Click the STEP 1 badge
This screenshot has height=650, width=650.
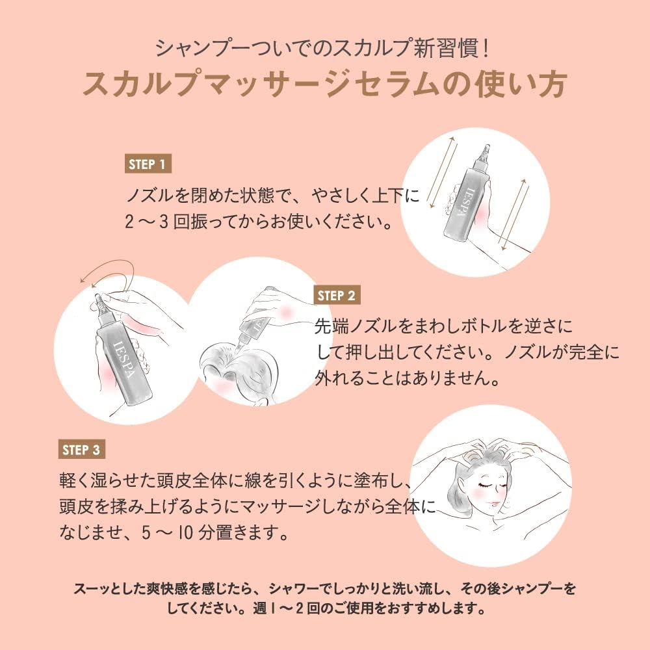click(x=148, y=164)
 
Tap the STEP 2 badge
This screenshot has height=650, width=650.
click(x=337, y=296)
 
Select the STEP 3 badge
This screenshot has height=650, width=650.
click(x=82, y=449)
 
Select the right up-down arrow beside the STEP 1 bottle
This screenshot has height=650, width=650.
click(x=512, y=214)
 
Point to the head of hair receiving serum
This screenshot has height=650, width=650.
click(x=240, y=370)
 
